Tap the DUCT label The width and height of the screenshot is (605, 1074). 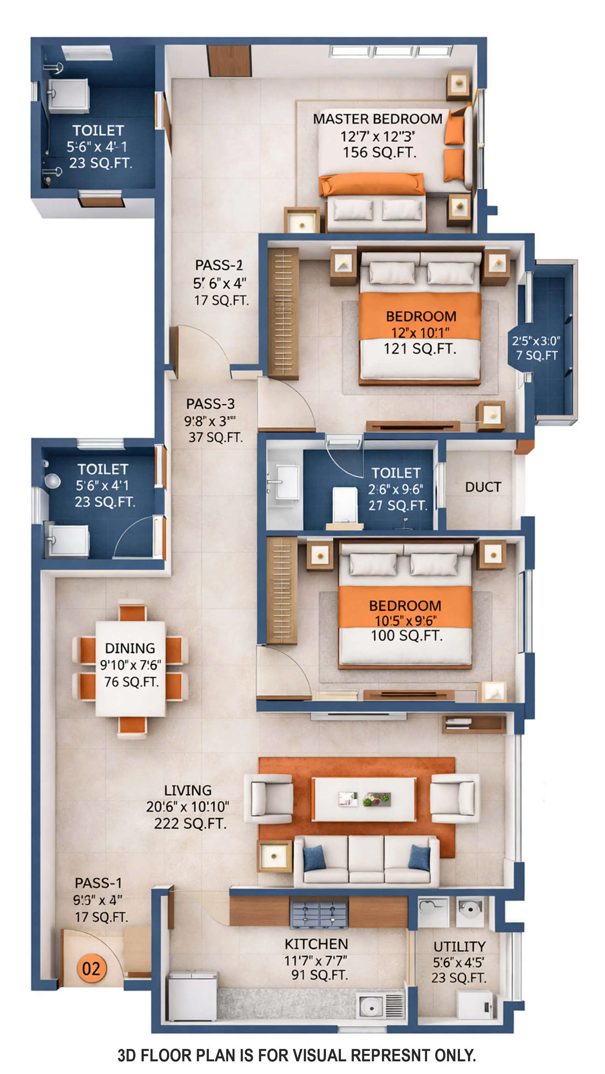[483, 487]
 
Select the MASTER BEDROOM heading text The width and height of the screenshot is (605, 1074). [377, 119]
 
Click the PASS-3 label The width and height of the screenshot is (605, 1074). [210, 404]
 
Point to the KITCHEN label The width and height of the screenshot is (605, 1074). [316, 944]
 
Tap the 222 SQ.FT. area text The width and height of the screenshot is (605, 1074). [190, 823]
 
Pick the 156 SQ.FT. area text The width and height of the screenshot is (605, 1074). [379, 152]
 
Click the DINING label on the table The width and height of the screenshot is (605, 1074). [130, 648]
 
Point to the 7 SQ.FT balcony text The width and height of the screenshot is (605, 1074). [537, 355]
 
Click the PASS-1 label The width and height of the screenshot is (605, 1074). [99, 883]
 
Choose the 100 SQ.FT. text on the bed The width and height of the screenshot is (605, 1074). [407, 635]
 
